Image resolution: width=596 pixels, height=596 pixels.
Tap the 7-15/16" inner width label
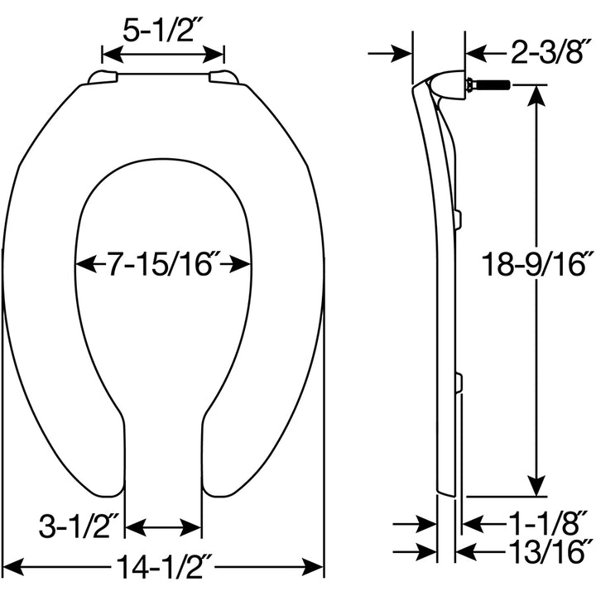[163, 265]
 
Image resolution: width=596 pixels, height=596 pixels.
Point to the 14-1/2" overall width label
[163, 567]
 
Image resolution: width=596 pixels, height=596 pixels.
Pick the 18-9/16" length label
[538, 265]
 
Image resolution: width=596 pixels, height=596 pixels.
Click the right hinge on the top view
[223, 78]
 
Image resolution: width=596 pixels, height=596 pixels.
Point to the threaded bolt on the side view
[488, 84]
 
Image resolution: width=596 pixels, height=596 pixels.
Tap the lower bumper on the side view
[457, 382]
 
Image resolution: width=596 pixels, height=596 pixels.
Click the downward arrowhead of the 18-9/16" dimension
[537, 487]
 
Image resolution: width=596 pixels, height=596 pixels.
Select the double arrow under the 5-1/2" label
[163, 55]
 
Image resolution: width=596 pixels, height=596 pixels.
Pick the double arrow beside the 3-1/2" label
[163, 527]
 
